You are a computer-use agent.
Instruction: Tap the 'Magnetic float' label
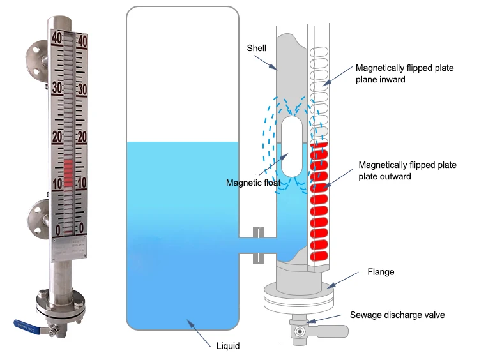(x=253, y=183)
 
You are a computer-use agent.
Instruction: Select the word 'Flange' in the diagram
(x=381, y=272)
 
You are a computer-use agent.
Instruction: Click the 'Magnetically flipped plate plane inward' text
(x=404, y=73)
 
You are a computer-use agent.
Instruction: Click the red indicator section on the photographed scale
(x=69, y=171)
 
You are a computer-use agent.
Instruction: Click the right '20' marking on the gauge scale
(x=82, y=137)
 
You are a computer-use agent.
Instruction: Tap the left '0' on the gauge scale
(x=58, y=229)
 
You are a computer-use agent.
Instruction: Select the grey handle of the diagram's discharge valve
(x=332, y=331)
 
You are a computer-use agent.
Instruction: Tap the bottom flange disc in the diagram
(x=298, y=299)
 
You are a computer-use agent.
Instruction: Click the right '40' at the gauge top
(x=82, y=40)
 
